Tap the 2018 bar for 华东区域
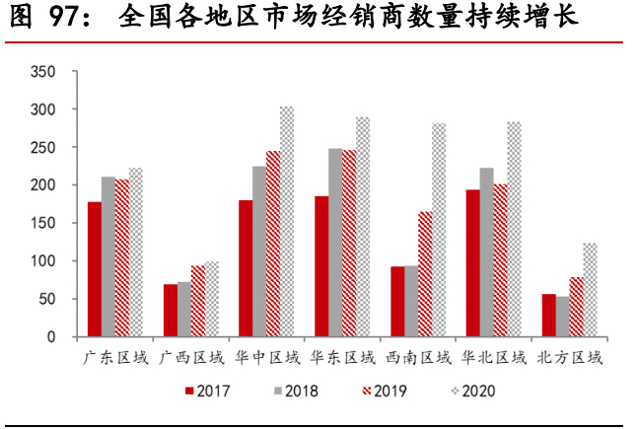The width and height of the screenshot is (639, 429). click(335, 243)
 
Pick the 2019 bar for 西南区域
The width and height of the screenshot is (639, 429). click(425, 274)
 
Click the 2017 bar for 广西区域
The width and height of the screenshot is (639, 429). click(170, 311)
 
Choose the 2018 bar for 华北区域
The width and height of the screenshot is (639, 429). click(486, 252)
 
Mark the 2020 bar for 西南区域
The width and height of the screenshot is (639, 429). click(439, 231)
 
